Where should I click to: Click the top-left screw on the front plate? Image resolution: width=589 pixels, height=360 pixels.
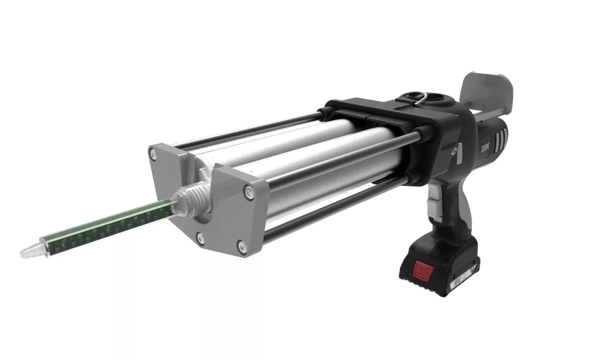[153, 154]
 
